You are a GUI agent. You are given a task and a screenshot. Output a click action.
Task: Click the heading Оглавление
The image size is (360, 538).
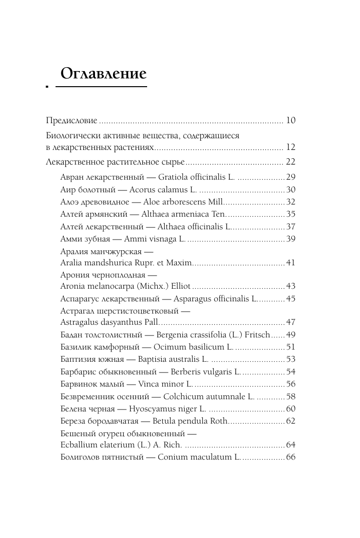pos(103,74)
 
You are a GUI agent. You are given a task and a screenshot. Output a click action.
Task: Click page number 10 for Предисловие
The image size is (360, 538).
pos(290,120)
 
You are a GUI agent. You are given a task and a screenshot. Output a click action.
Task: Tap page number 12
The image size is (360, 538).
pos(290,147)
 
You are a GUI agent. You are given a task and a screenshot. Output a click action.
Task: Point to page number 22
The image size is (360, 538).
pos(290,162)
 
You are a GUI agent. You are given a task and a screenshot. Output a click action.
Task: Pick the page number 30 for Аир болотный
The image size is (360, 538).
pos(291,189)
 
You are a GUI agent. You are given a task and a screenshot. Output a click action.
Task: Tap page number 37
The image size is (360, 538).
pos(291,226)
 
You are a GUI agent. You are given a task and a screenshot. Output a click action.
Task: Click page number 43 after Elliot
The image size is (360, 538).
pos(291,286)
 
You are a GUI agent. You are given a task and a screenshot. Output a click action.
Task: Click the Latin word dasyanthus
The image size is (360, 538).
pos(116,322)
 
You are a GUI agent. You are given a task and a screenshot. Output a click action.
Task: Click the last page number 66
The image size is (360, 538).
pos(291,457)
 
